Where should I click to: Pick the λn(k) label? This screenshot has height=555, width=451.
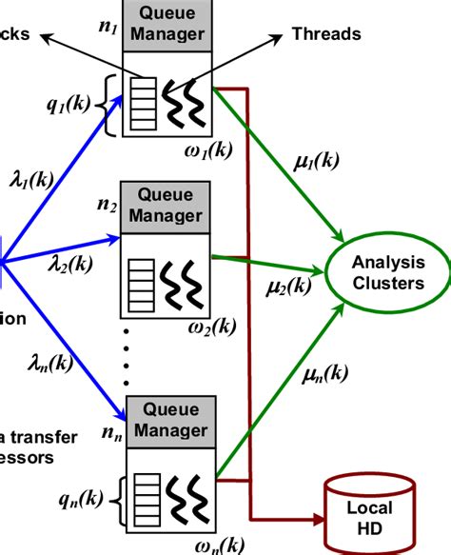[47, 364]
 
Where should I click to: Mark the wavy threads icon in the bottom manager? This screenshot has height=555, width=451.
[185, 496]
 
